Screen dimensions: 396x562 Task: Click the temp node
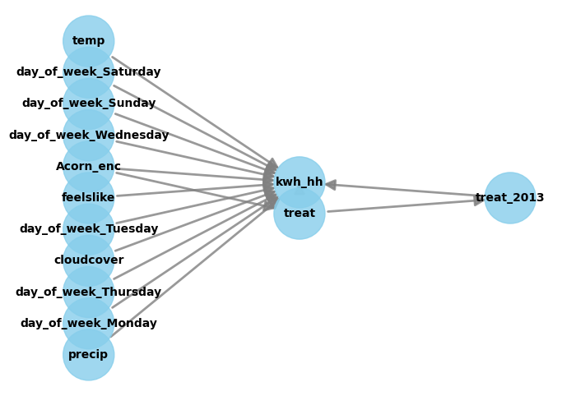(89, 41)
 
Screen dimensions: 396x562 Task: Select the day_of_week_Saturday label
(89, 72)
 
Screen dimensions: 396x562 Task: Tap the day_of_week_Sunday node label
(89, 104)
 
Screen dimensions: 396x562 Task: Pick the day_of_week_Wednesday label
(89, 136)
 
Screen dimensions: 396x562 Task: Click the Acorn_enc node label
(89, 167)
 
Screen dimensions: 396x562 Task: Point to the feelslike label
(89, 198)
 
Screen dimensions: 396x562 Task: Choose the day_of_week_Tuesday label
(89, 229)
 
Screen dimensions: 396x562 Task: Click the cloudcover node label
(89, 260)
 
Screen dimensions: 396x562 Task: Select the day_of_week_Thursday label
(89, 292)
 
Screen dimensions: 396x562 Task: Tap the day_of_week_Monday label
(89, 324)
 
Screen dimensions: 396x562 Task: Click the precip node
(89, 355)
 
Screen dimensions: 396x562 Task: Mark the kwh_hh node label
(300, 182)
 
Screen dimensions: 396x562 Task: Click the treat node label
(300, 214)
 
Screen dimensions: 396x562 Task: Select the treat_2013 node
(510, 198)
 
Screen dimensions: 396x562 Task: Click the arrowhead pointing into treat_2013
(480, 200)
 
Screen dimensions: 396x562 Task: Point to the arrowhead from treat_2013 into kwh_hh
(330, 185)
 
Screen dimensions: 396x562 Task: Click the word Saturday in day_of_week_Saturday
(131, 72)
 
